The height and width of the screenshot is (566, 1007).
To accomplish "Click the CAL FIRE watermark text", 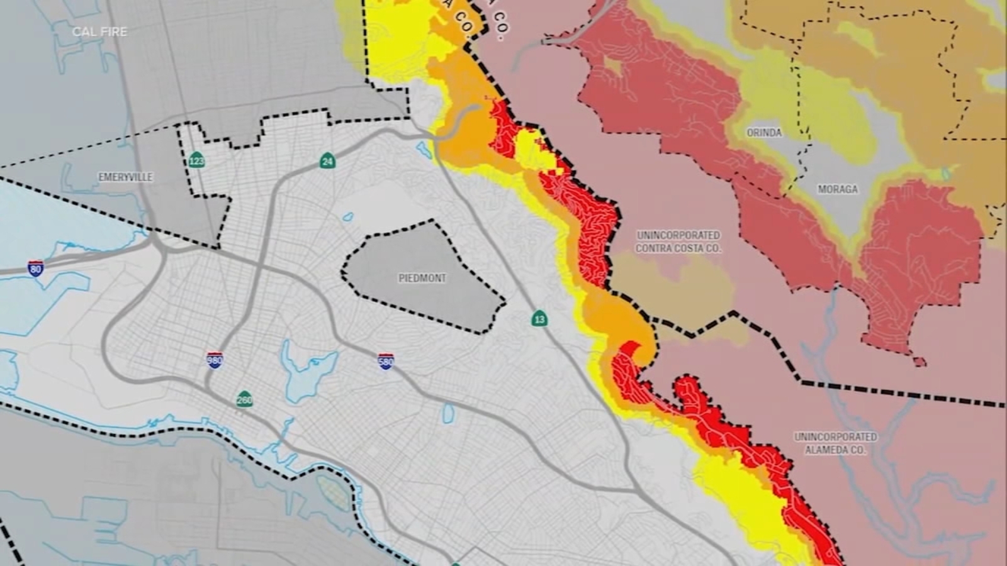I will click(99, 31).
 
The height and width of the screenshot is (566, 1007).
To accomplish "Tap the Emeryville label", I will click(125, 177).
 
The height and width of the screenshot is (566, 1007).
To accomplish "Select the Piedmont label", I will click(422, 278).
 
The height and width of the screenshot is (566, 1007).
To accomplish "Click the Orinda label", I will click(764, 133).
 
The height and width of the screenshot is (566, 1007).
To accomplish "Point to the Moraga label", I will click(837, 189).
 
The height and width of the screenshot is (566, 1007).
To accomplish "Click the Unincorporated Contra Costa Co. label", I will click(678, 241).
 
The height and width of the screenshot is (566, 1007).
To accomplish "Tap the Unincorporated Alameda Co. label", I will click(835, 443).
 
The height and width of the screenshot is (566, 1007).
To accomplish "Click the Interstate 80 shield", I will click(36, 269).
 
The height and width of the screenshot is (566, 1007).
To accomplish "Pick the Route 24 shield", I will click(327, 161).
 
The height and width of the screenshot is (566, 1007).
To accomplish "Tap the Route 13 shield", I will click(539, 319).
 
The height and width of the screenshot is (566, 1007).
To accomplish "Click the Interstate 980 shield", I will click(215, 360).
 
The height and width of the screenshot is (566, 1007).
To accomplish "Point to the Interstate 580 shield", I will click(386, 361).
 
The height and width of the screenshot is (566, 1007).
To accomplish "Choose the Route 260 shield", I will click(244, 399).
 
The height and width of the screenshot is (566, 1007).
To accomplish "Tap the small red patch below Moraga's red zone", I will click(920, 362).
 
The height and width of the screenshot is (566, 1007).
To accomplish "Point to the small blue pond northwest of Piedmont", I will click(347, 218).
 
